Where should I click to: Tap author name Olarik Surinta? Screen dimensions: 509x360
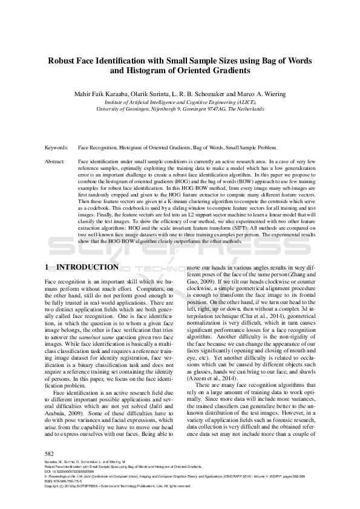click(157, 94)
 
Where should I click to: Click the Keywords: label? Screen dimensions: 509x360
click(57, 148)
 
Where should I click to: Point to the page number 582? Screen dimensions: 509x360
click(50, 453)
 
